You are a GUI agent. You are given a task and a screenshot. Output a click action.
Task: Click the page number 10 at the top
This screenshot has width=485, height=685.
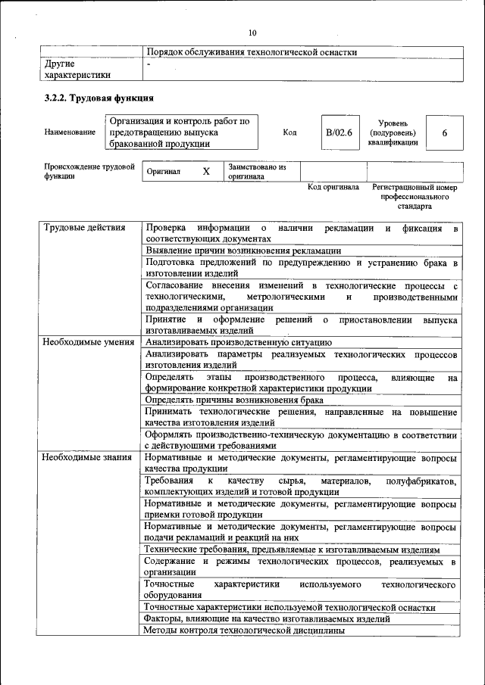pos(252,33)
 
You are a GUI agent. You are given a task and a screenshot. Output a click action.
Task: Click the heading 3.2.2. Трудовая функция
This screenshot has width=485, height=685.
pos(99,98)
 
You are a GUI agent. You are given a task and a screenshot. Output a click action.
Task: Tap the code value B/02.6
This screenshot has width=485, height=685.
pos(339,132)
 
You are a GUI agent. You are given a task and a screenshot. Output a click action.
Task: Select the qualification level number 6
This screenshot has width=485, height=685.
pos(444,132)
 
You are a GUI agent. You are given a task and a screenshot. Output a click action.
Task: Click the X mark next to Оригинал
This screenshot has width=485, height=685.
pos(205,172)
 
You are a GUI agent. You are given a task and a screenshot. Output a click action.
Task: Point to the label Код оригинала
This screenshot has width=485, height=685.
pos(333,187)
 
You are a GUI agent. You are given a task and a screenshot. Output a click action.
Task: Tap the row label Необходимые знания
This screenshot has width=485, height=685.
pos(87,457)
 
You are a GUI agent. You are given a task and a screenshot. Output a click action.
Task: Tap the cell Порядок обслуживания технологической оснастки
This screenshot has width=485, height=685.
pos(251,52)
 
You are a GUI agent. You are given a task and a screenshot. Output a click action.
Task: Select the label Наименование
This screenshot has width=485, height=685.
pos(70,132)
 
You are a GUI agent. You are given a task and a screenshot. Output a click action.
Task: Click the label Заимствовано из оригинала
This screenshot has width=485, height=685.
pos(256,172)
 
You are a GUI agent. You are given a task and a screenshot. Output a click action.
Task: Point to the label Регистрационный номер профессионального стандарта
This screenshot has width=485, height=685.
pos(415,196)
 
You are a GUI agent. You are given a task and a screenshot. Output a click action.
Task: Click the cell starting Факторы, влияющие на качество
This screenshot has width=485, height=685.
pos(267,618)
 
